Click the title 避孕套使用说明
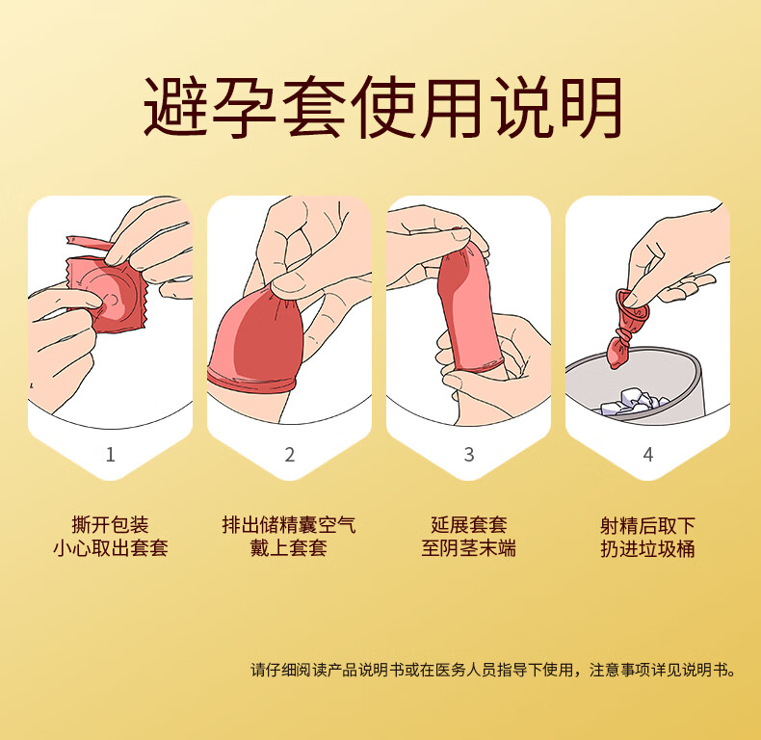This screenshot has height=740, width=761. pos(382,107)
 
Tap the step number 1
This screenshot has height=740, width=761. pos(111,455)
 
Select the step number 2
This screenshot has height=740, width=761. pos(290,455)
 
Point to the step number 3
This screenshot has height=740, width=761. pos(469,455)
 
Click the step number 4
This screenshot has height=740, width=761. pos(648,455)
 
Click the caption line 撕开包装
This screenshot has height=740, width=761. pos(110,525)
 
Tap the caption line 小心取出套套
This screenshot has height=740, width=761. pos(111,548)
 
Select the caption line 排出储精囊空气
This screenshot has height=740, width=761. pos(289,525)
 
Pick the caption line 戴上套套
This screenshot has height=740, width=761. pos(289,548)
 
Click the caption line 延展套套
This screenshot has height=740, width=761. pos(469,525)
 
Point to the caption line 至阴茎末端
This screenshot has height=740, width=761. pos(469,548)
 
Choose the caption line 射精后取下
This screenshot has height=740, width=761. pos(648,525)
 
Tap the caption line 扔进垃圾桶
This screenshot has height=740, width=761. pos(648,548)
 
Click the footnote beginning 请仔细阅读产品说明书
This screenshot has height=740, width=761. pos(493,670)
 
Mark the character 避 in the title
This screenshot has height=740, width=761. pos(175,107)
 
